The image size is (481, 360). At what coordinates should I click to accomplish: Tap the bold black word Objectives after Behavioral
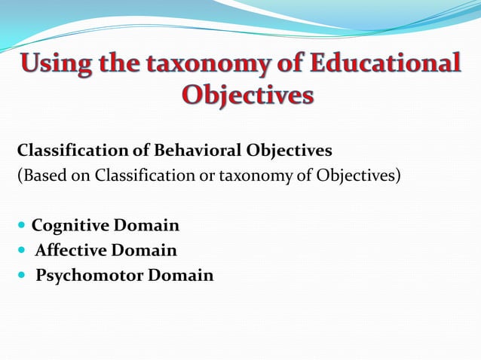pyautogui.click(x=289, y=151)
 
